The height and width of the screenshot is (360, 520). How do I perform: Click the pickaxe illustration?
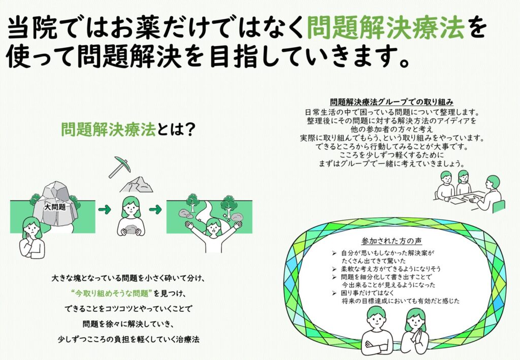[119, 167]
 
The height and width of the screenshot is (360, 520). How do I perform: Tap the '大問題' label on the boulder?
[55, 208]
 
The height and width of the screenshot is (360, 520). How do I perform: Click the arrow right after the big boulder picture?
[105, 209]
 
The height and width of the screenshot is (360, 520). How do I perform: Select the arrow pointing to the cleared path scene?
[155, 209]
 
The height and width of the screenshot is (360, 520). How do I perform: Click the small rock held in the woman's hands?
[131, 229]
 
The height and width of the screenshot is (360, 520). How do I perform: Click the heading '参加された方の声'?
[392, 241]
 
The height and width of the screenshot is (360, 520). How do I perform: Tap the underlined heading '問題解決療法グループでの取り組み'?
[392, 102]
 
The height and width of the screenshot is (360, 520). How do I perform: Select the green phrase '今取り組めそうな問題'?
[111, 293]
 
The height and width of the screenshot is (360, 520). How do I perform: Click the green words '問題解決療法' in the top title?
[385, 28]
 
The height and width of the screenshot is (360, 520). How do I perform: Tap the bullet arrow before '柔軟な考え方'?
[334, 269]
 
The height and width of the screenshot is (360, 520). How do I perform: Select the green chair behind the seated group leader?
[499, 207]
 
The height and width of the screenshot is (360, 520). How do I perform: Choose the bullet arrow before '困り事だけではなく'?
[334, 292]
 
